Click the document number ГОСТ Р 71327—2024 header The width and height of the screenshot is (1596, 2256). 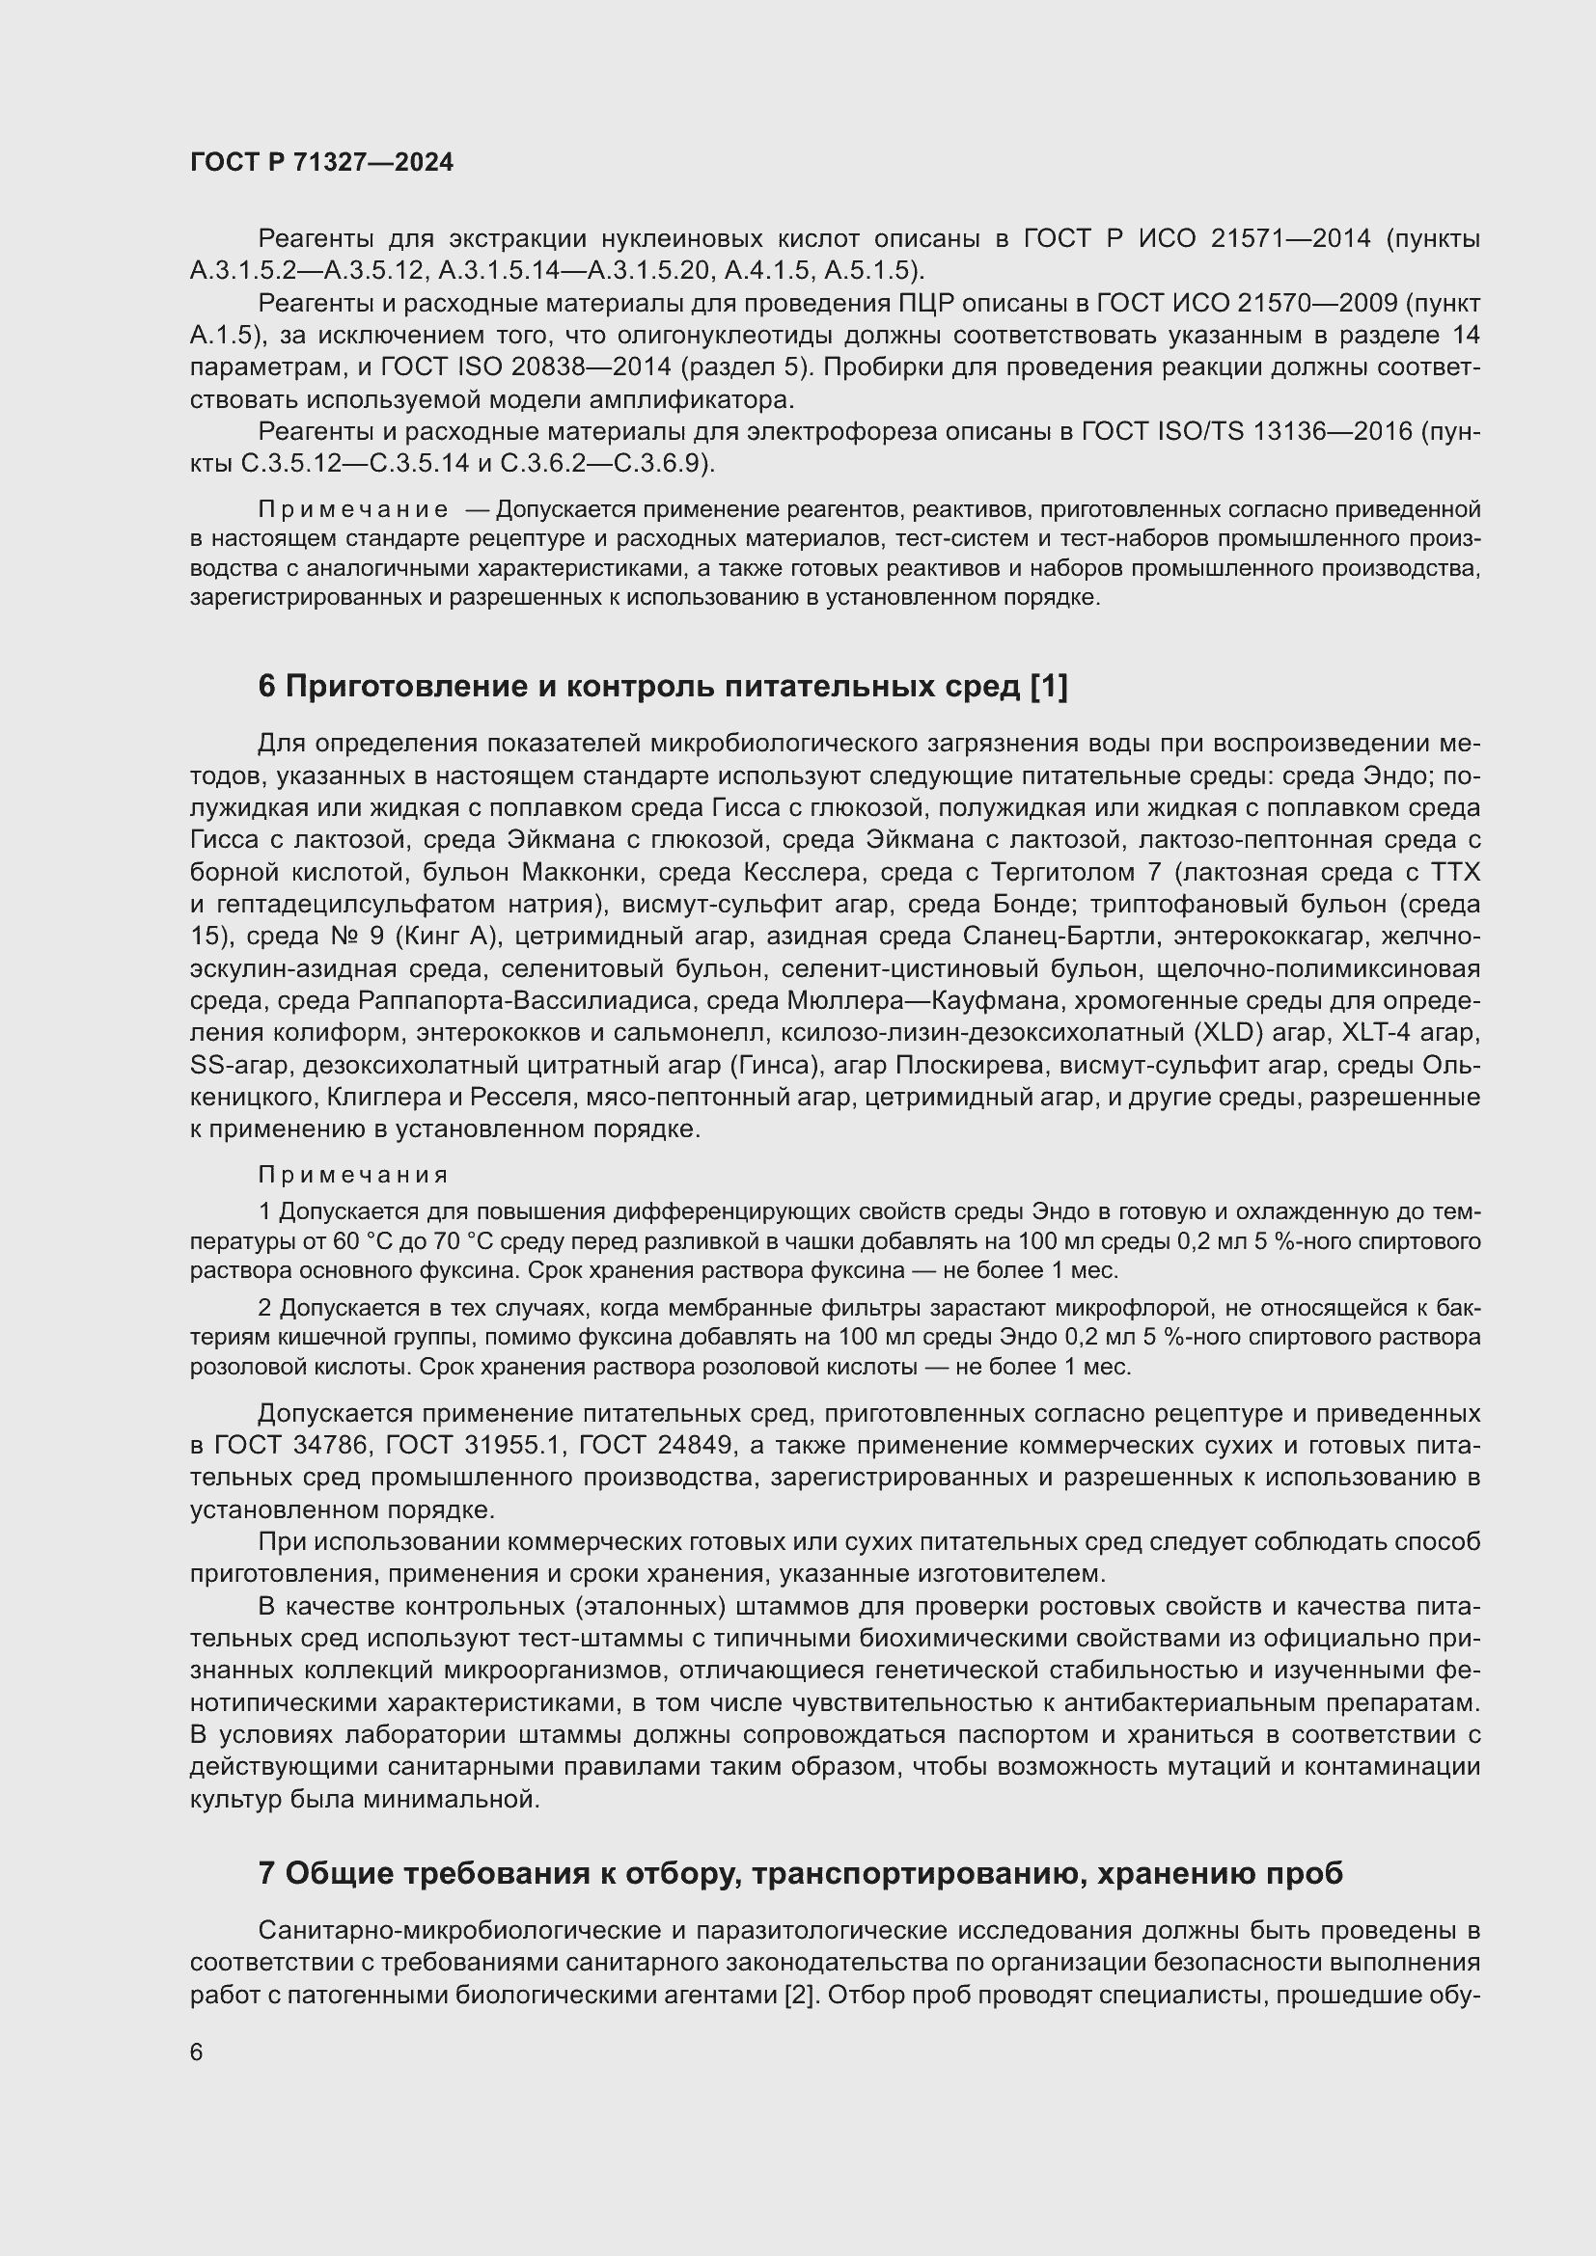coord(321,163)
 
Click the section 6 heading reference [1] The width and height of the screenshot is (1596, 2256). coord(1048,687)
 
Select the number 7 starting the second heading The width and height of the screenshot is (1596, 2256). coord(267,1874)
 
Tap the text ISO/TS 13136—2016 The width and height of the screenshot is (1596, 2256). coord(1282,432)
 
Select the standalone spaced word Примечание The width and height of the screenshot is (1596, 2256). coord(353,510)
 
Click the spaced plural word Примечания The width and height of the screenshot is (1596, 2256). coord(353,1176)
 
